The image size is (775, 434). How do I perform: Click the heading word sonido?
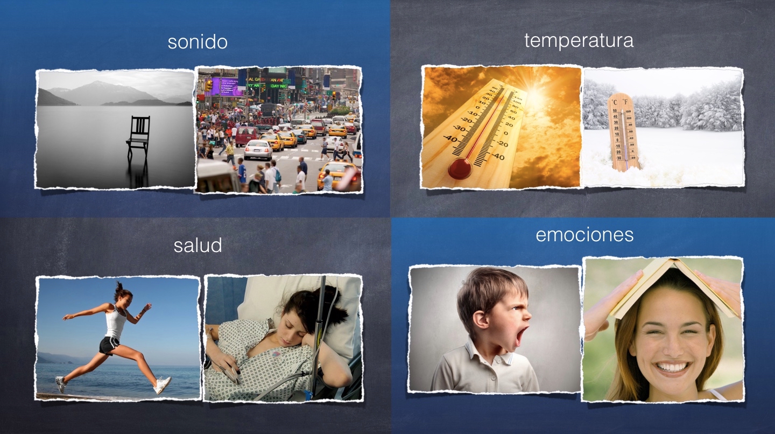coord(198,42)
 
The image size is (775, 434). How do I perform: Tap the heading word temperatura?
coord(579,41)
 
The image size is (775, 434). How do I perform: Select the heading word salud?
coord(198,245)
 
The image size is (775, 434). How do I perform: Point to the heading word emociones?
coord(584,235)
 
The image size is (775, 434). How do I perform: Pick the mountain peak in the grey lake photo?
coord(97,83)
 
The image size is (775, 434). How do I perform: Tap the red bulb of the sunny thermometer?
coord(460,168)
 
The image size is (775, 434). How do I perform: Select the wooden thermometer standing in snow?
coord(623,132)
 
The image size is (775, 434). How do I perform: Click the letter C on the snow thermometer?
coord(615,102)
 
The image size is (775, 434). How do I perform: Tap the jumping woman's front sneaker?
coord(163,385)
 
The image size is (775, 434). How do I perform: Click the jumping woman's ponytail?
coord(118,287)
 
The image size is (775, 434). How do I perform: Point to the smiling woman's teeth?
coord(671,367)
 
